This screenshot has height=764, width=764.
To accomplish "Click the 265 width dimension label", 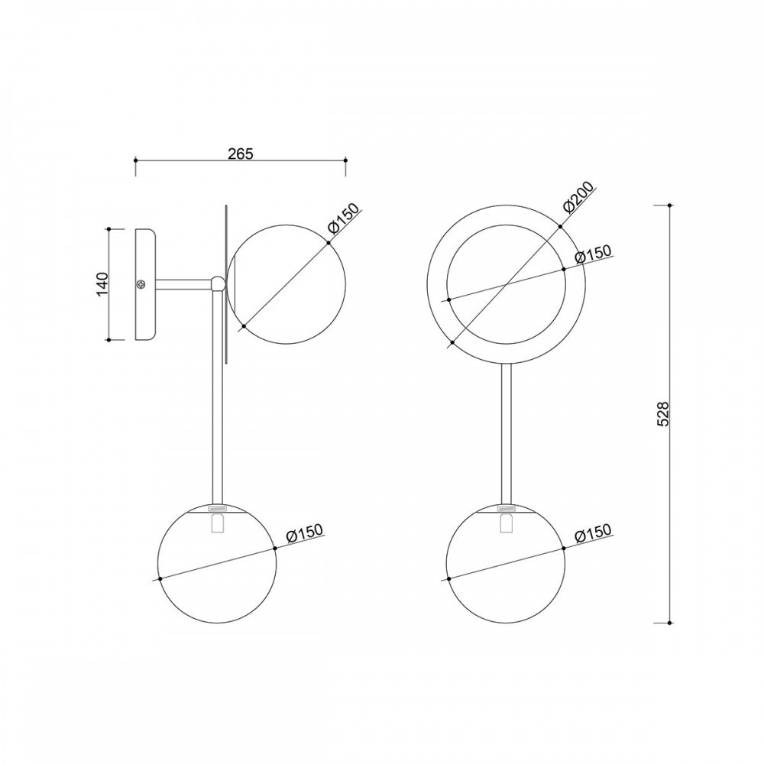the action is coord(241,154).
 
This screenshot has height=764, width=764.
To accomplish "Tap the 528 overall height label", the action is coord(663,414).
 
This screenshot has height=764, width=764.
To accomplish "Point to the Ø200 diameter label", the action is coord(578,197).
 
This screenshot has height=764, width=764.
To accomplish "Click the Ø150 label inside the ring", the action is coord(593,254).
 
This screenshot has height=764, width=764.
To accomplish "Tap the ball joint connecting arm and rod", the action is coord(218,283).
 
